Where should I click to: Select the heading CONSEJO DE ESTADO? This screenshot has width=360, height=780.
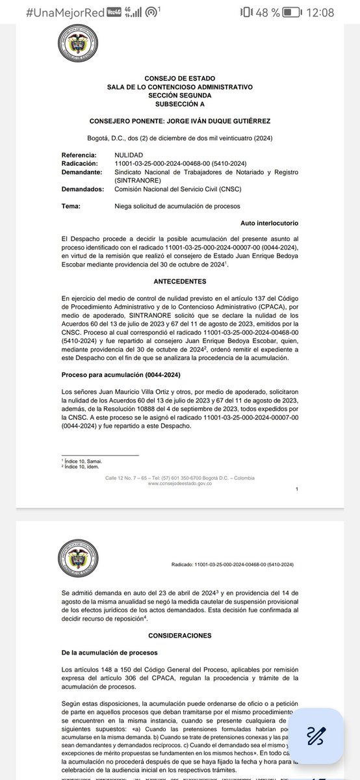(179, 79)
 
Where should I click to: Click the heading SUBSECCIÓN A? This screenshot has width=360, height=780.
(179, 103)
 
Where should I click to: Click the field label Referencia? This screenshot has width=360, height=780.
(81, 155)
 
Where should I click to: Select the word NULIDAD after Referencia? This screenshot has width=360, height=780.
(129, 155)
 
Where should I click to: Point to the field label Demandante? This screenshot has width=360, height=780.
(83, 172)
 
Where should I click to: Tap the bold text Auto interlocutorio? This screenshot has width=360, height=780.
(268, 223)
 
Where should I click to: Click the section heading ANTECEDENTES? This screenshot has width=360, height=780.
(179, 281)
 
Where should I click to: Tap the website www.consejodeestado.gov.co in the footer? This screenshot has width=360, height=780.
(179, 484)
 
